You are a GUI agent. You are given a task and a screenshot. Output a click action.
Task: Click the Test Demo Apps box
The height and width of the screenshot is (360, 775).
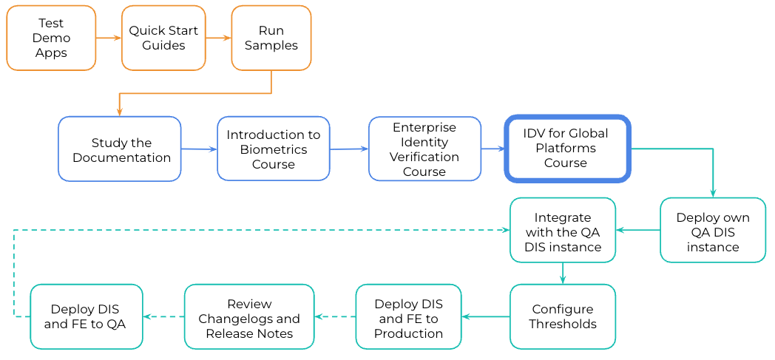pos(51,38)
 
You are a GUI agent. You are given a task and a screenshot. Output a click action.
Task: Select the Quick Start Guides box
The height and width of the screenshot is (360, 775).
pos(163,38)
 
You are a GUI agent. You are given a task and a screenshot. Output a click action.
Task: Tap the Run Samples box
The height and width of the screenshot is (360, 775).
pos(271,38)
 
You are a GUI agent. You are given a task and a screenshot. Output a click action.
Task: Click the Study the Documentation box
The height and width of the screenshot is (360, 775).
pos(120,149)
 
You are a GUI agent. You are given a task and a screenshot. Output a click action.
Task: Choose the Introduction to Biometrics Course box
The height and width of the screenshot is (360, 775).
pos(274,149)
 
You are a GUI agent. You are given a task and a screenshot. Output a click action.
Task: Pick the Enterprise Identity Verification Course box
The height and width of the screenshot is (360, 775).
pos(424,149)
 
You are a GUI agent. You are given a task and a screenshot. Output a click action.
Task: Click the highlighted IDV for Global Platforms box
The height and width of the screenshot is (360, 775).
pos(566,148)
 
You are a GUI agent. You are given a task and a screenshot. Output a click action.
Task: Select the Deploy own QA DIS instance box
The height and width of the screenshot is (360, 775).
pos(713,230)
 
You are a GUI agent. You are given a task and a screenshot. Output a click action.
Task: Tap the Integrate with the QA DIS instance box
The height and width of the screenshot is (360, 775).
pos(563,230)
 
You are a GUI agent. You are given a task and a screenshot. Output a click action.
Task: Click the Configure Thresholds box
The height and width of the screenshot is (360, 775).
pos(563,316)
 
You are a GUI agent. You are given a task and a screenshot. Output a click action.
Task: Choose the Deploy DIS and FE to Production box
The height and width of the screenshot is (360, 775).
pos(408,316)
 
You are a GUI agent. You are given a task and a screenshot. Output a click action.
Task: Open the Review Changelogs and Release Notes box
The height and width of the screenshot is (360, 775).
pos(249,316)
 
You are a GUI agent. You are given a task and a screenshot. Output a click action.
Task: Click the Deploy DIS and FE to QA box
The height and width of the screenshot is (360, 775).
pos(87,316)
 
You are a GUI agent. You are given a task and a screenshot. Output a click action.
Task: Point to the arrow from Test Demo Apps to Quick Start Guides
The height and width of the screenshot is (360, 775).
pos(109,38)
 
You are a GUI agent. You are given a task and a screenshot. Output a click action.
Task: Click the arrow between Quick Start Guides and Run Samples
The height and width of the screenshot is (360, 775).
pos(218,38)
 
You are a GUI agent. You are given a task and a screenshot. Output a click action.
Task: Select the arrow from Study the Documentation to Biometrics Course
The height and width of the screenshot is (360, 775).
pos(199,149)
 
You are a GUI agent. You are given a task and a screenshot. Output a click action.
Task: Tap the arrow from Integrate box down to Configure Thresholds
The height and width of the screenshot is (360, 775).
pos(563,273)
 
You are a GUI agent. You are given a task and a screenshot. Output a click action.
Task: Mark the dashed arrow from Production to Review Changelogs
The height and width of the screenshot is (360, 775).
pos(334,316)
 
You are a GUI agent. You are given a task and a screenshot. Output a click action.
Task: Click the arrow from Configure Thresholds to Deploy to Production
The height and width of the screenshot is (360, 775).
pos(486,316)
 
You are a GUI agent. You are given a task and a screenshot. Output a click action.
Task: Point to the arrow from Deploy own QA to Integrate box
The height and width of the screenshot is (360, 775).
pos(638,230)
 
